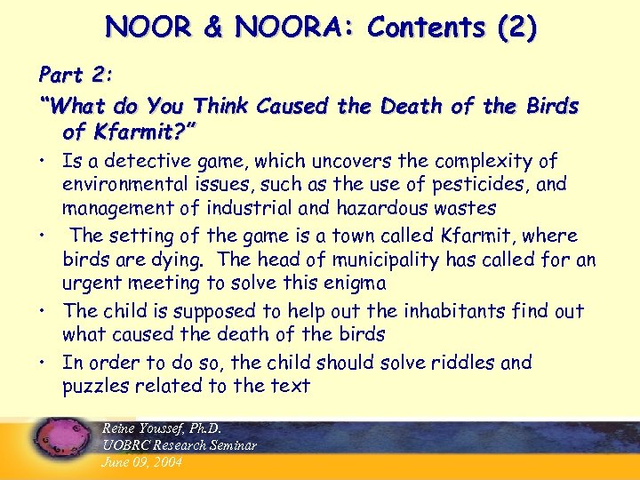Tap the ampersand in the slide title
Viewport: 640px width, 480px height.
[x=212, y=28]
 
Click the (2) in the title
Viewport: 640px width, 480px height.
[x=516, y=28]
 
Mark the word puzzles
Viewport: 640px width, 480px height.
[x=94, y=386]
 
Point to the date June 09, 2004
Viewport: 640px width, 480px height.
[x=142, y=462]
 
